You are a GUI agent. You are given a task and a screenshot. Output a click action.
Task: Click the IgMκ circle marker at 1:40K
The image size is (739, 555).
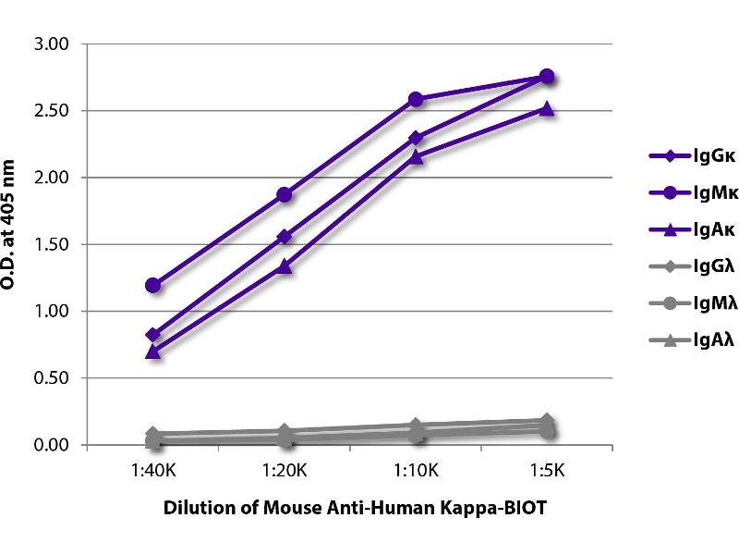[x=153, y=285]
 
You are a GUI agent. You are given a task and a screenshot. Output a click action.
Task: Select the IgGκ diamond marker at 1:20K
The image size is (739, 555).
[x=285, y=237]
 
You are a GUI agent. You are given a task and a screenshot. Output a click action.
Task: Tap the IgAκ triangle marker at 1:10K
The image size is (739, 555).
[x=416, y=157]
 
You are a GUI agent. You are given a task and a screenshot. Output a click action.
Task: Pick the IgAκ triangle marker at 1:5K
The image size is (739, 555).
[x=547, y=109]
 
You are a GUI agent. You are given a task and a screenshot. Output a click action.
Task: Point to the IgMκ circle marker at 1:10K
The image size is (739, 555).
[x=416, y=99]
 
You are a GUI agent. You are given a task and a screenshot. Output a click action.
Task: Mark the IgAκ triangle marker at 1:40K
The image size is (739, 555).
[x=153, y=351]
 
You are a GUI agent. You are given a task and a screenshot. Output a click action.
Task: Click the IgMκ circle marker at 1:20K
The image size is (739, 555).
[x=285, y=194]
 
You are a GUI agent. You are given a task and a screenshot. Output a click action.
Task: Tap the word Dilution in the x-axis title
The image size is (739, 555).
[x=194, y=508]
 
